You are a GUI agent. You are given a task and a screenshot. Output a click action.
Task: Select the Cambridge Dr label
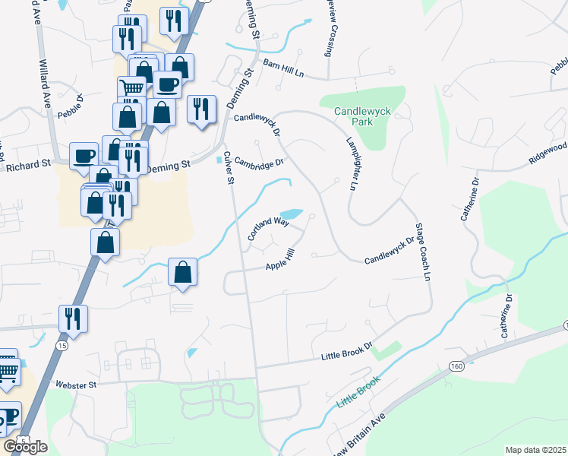click(258, 161)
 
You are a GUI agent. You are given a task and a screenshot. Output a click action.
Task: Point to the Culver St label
click(228, 168)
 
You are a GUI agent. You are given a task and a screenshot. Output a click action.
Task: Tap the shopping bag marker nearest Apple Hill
click(182, 272)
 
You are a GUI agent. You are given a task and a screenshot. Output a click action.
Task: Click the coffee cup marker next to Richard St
click(84, 156)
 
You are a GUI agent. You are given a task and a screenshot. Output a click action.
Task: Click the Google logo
click(25, 447)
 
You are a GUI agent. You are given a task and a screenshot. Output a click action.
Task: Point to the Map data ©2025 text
click(535, 450)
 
